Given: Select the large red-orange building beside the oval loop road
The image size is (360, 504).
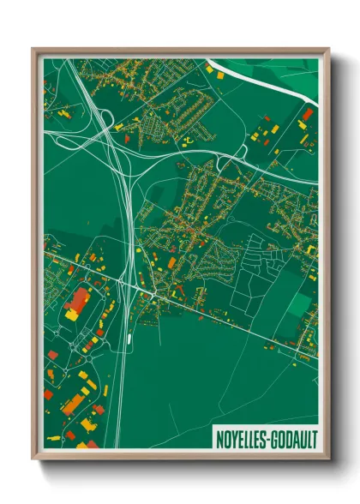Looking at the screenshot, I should (78, 301).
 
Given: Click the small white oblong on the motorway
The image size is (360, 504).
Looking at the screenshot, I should (129, 338).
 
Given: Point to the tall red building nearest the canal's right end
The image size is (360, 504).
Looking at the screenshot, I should (307, 113).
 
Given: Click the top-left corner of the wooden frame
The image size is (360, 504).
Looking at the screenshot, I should (33, 49).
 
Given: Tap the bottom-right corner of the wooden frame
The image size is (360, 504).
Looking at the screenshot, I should (328, 459).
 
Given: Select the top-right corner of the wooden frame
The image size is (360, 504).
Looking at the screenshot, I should (328, 49).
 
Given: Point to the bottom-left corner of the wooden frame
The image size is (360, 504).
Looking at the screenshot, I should (33, 459).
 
